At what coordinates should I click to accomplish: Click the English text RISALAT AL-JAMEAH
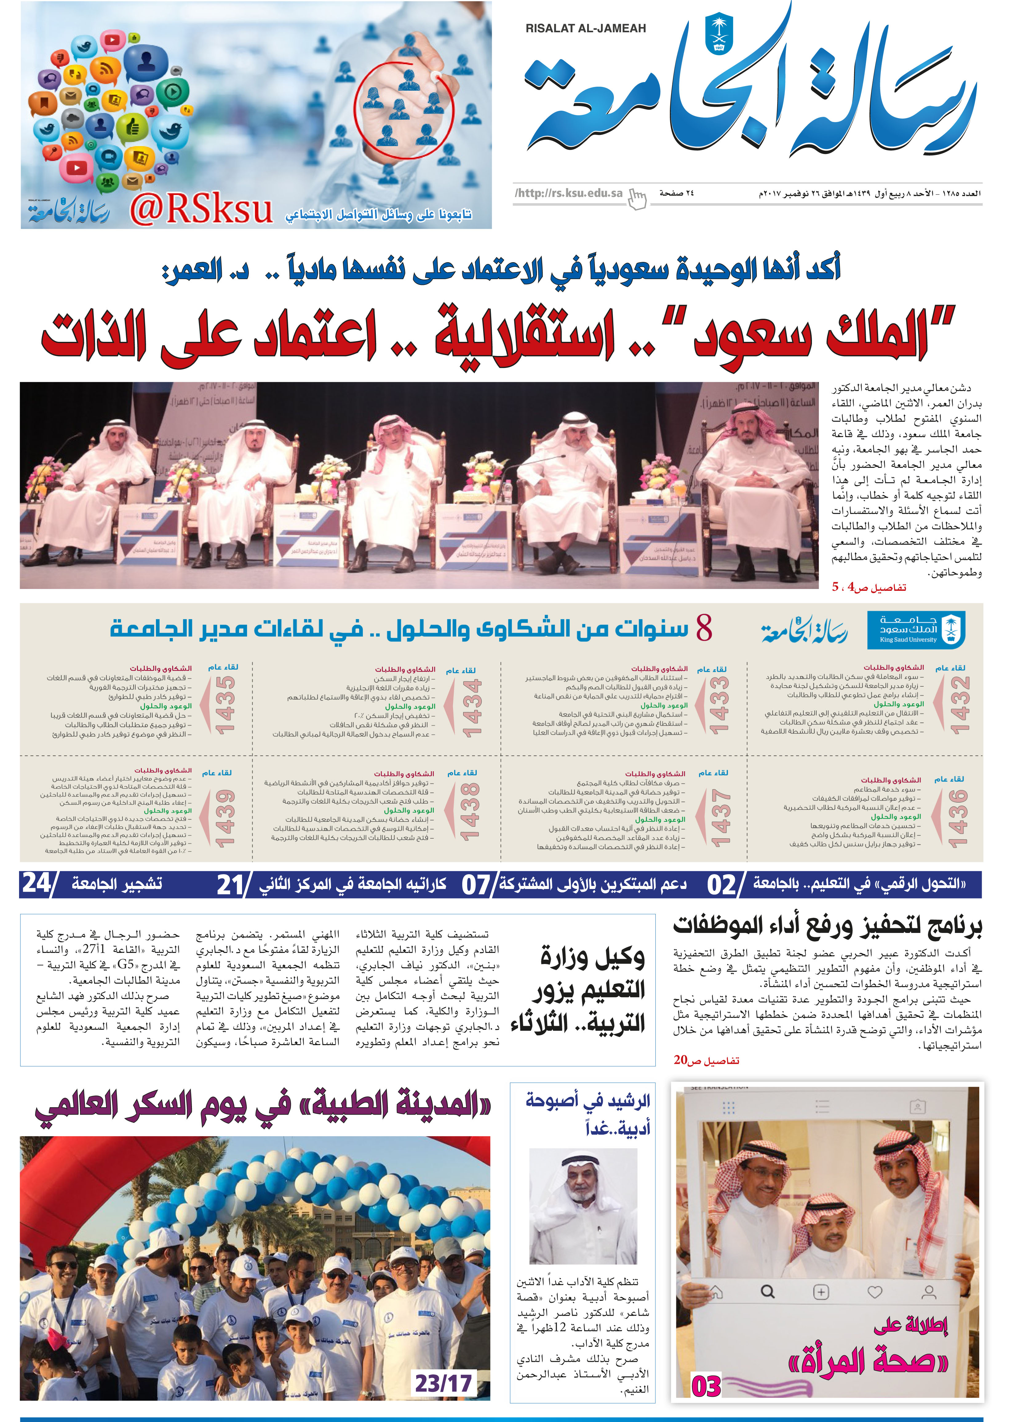[x=585, y=28]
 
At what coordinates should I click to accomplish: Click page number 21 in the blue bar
[x=230, y=884]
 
